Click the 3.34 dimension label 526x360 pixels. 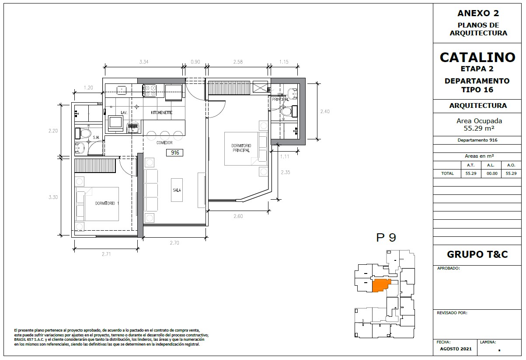pos(144,62)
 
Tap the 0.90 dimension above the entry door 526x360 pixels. pos(195,62)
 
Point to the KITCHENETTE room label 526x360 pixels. pos(161,113)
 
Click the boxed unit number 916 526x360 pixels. pos(175,153)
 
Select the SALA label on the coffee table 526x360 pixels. pos(177,190)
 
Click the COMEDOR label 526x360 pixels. pos(164,143)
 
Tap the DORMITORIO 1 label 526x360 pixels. pos(107,203)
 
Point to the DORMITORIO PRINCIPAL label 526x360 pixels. pos(241,148)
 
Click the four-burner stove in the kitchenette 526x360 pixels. pos(150,90)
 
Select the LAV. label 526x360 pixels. pos(124,113)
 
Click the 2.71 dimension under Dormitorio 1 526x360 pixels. pos(106,254)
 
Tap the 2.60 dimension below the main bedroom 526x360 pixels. pos(238,216)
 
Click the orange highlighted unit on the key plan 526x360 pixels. pos(381,285)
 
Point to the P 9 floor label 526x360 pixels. pos(386,238)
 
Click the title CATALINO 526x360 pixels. pos(477,58)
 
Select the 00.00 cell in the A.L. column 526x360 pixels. pos(492,173)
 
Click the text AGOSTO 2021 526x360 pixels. pos(456,349)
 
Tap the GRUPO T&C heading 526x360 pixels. pos(477,254)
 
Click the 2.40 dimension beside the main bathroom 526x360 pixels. pos(325,111)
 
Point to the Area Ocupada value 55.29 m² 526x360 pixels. pos(479,128)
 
